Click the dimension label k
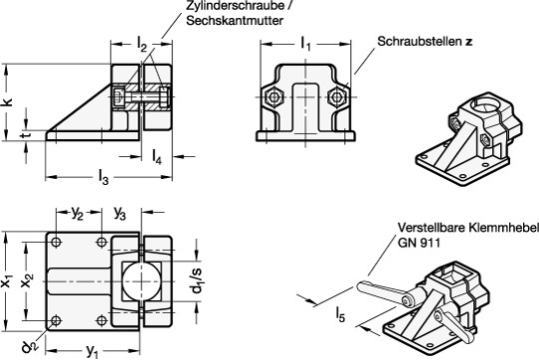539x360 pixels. click(8, 102)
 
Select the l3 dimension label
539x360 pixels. click(103, 177)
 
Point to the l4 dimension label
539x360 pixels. click(157, 157)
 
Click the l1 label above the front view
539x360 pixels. click(305, 44)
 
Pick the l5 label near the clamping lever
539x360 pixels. click(340, 314)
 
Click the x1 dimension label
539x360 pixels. click(7, 282)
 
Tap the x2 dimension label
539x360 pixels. click(27, 282)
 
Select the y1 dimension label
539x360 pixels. click(92, 351)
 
